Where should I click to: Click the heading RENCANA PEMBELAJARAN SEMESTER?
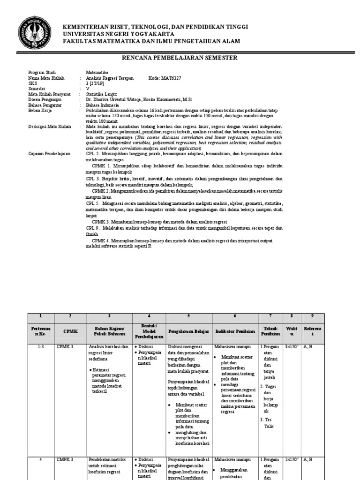coord(180,58)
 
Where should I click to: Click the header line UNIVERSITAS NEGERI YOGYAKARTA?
coord(119,34)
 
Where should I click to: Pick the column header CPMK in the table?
coord(70,330)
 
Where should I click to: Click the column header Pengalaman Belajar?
coord(188,330)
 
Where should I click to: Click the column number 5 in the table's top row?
coord(188,316)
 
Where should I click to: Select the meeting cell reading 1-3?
coord(41,347)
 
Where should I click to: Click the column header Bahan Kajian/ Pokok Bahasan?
coord(109,330)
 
